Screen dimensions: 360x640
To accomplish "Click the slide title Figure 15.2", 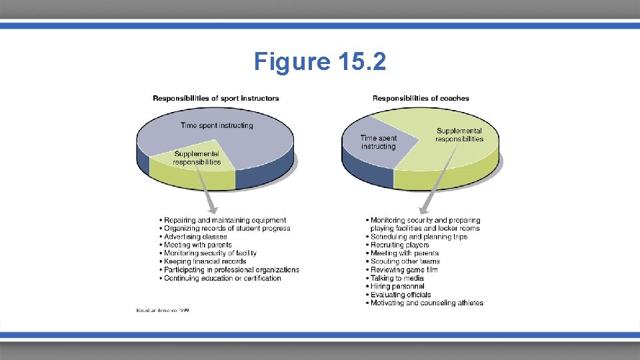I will pos(319,62).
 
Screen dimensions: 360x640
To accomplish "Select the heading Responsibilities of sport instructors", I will pos(216,99).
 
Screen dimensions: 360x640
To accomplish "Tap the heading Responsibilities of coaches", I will pos(421,99).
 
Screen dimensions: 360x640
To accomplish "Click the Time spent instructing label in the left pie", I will pos(217,125).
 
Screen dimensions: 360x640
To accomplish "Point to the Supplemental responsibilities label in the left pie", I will pos(197,158).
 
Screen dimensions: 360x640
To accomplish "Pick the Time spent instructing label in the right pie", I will pos(378,142).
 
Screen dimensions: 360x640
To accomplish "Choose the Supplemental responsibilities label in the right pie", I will pos(459,135).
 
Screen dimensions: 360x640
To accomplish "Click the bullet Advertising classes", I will pos(195,237).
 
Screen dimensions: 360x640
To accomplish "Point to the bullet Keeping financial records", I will pos(205,261).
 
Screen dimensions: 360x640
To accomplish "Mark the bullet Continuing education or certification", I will pos(223,278).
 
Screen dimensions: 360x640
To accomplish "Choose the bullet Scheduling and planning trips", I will pos(419,237).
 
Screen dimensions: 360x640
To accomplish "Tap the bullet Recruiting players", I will pos(400,245).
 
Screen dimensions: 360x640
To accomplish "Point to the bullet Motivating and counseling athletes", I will pos(427,303).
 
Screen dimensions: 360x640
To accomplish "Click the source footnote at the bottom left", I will pos(163,311).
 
